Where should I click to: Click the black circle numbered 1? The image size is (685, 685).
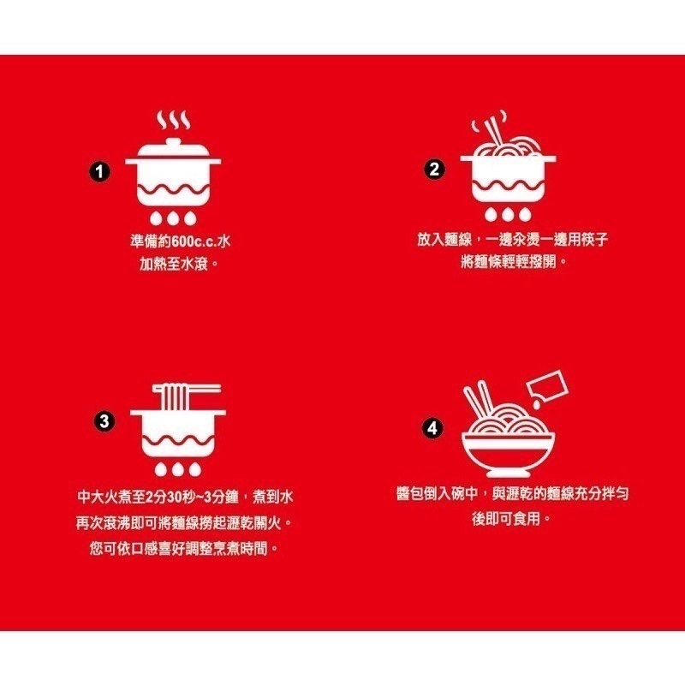coord(102,172)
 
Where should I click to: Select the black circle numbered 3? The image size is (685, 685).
coord(104,421)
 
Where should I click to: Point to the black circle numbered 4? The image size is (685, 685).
coord(434,426)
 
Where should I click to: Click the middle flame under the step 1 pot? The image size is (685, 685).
coord(173,217)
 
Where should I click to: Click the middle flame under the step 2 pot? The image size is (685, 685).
coord(508,212)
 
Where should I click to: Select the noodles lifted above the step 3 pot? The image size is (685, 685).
coord(177,396)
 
